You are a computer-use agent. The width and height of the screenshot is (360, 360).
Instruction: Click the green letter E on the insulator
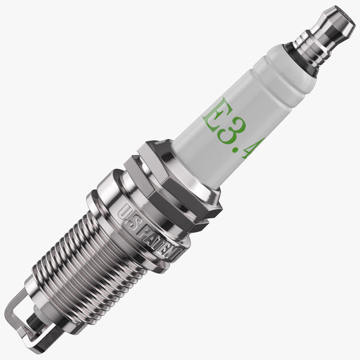coord(215,111)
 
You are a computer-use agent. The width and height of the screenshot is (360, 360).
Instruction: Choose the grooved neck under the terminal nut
coord(310,43)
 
